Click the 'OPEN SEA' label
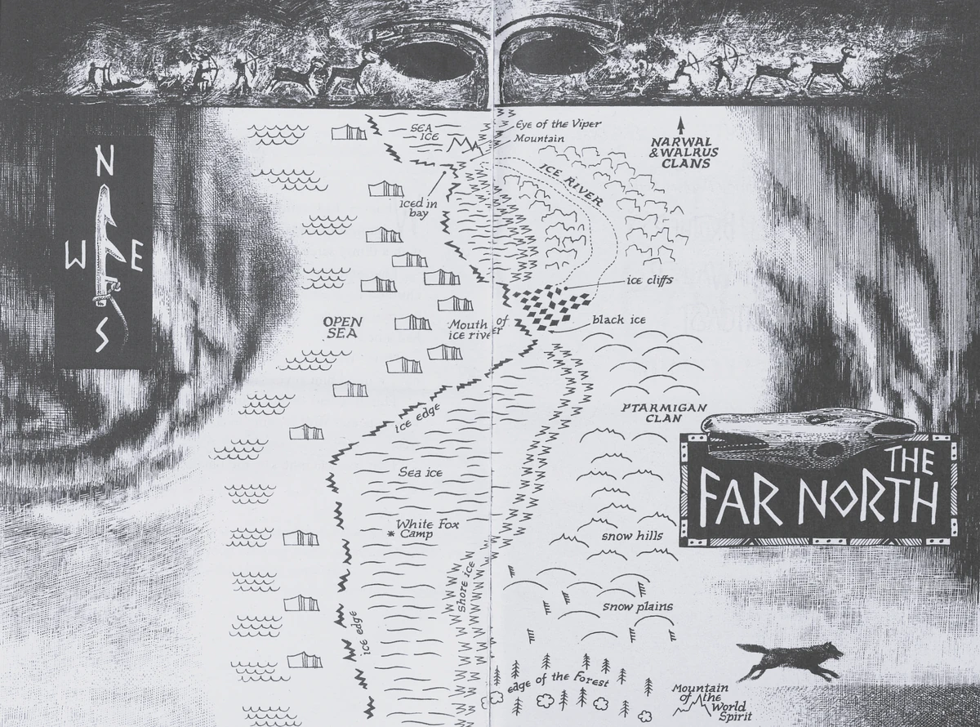342,328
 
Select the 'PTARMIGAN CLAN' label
652,413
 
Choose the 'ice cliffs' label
649,280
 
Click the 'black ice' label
618,319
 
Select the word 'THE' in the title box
909,462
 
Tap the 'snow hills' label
631,537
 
